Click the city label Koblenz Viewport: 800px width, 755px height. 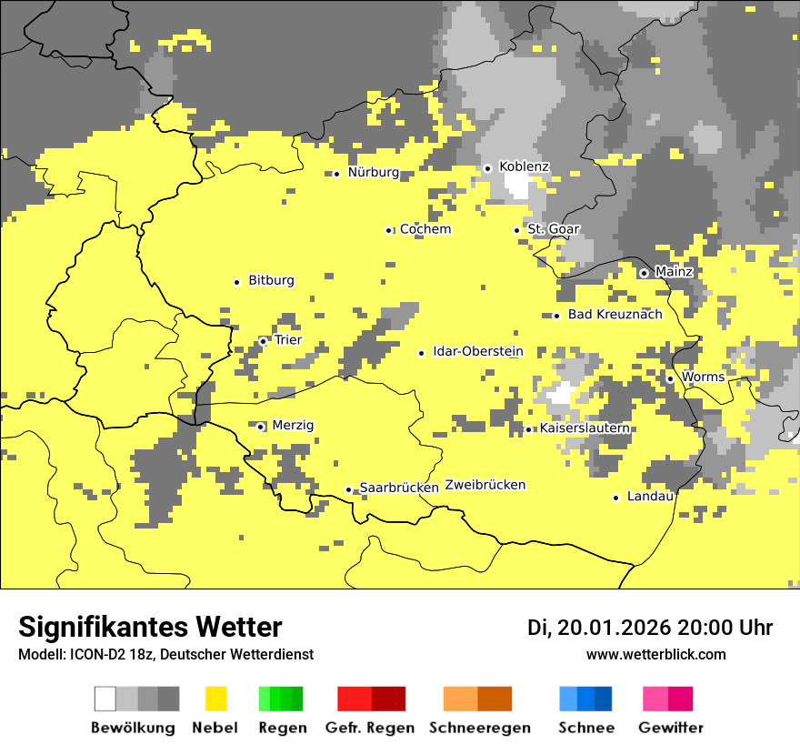coord(524,167)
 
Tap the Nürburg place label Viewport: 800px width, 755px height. coord(373,173)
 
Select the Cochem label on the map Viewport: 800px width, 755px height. coord(425,230)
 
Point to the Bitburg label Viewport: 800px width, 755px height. coord(271,281)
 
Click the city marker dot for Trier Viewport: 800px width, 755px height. coord(264,341)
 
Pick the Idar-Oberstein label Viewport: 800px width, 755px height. coord(477,352)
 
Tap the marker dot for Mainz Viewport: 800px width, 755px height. coord(644,273)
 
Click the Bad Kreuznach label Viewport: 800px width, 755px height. coord(615,315)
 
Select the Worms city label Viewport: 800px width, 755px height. coord(703,377)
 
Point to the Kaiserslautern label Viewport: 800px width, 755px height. coord(585,428)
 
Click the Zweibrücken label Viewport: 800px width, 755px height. coord(485,486)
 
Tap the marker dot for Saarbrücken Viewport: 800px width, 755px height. coord(348,489)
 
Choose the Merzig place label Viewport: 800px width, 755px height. coord(293,426)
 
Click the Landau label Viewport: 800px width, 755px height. coord(650,497)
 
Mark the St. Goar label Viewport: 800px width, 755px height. coord(554,229)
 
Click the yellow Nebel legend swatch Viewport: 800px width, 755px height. coord(215,699)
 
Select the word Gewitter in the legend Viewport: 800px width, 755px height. coord(670,728)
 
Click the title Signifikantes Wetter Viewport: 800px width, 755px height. coord(150,627)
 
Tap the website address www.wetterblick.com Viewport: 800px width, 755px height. coord(655,654)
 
